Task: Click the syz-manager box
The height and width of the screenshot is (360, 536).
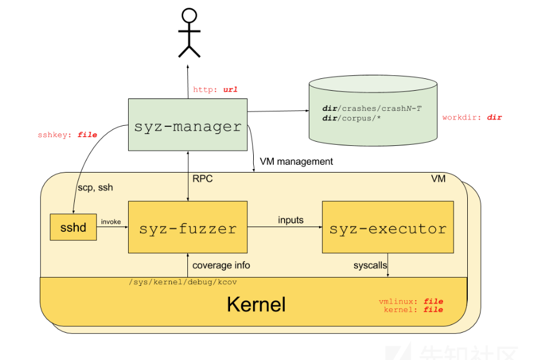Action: pyautogui.click(x=187, y=125)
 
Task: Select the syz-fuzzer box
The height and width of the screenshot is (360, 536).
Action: pyautogui.click(x=187, y=227)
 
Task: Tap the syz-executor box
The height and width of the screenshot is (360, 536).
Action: pyautogui.click(x=387, y=227)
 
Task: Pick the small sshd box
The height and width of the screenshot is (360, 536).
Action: pyautogui.click(x=73, y=228)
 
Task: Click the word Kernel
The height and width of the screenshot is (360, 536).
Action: pyautogui.click(x=256, y=304)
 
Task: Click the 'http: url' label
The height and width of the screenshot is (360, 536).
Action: pyautogui.click(x=215, y=90)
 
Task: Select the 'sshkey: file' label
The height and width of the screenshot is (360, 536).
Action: pyautogui.click(x=67, y=135)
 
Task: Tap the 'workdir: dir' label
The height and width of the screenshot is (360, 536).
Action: pyautogui.click(x=472, y=117)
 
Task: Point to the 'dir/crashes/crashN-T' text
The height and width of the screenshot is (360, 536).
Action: pyautogui.click(x=371, y=109)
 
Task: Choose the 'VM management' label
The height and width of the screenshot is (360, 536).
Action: pyautogui.click(x=296, y=161)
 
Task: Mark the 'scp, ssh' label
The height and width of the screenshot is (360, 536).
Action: pyautogui.click(x=95, y=187)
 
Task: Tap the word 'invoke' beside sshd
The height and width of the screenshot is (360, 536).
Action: pyautogui.click(x=111, y=222)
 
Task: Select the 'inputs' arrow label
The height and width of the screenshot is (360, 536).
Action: pyautogui.click(x=291, y=220)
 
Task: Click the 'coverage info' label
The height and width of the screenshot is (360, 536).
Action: pyautogui.click(x=221, y=265)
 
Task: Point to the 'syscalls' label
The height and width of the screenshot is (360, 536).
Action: pyautogui.click(x=371, y=265)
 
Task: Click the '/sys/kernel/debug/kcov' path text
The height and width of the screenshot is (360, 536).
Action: pyautogui.click(x=183, y=282)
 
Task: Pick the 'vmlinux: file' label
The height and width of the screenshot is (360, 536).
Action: pyautogui.click(x=411, y=301)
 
